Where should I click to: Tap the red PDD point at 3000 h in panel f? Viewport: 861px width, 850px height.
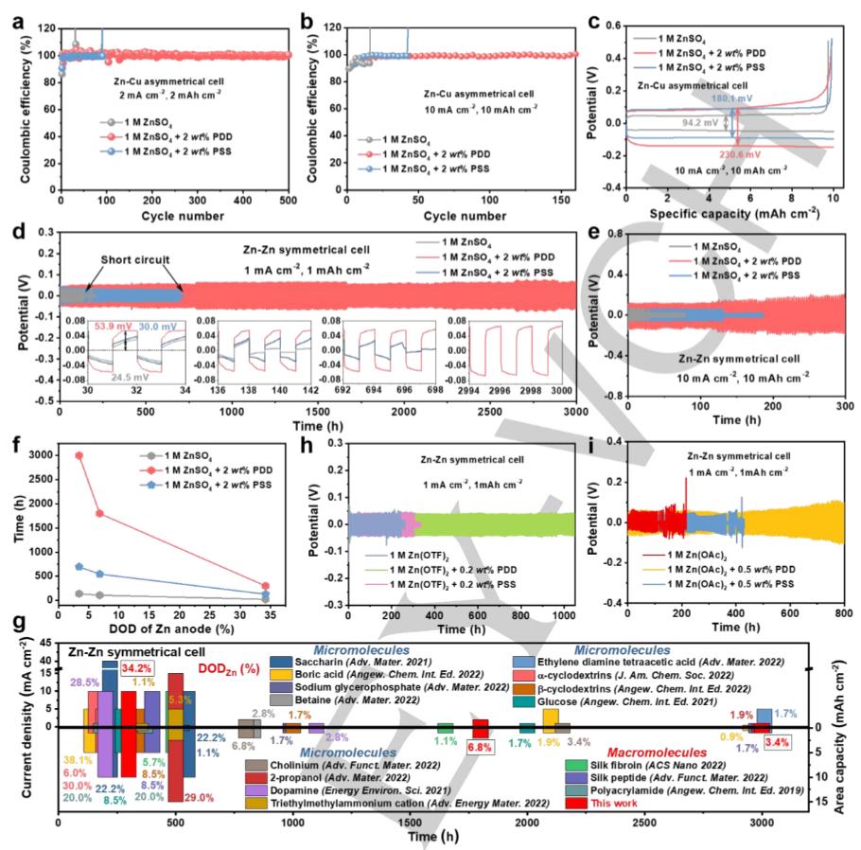point(79,455)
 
